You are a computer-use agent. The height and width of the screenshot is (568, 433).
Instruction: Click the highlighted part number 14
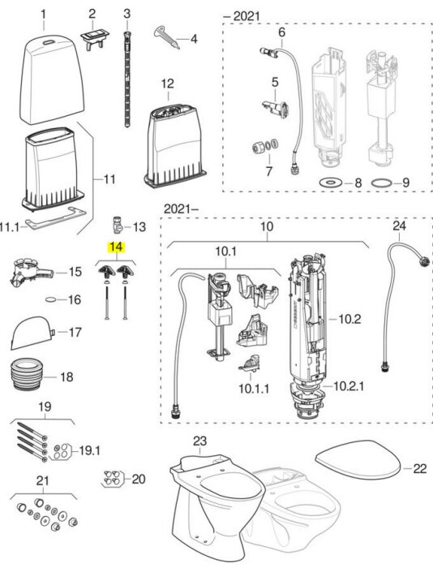(x=116, y=247)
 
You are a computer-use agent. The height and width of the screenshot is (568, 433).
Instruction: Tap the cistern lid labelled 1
(x=51, y=80)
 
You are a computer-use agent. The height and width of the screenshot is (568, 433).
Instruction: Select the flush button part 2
(x=95, y=38)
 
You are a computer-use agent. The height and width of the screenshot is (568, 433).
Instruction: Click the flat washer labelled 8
(x=331, y=183)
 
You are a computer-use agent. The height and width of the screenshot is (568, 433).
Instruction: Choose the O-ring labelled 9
(x=382, y=183)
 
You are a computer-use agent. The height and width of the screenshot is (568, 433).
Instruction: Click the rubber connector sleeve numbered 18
(x=28, y=374)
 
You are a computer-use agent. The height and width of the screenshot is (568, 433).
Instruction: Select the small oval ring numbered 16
(x=50, y=299)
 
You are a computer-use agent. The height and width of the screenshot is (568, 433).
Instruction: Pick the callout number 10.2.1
(x=349, y=386)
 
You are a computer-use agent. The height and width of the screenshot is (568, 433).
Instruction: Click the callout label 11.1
(x=10, y=227)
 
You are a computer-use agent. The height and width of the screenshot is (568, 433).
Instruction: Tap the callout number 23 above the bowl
(x=199, y=441)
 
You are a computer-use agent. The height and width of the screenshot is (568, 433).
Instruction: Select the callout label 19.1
(x=90, y=451)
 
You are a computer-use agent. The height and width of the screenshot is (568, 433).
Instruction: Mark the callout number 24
(x=399, y=226)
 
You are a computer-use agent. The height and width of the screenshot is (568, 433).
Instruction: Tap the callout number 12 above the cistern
(x=167, y=84)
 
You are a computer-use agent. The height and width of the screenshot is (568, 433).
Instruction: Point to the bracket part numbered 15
(x=32, y=273)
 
